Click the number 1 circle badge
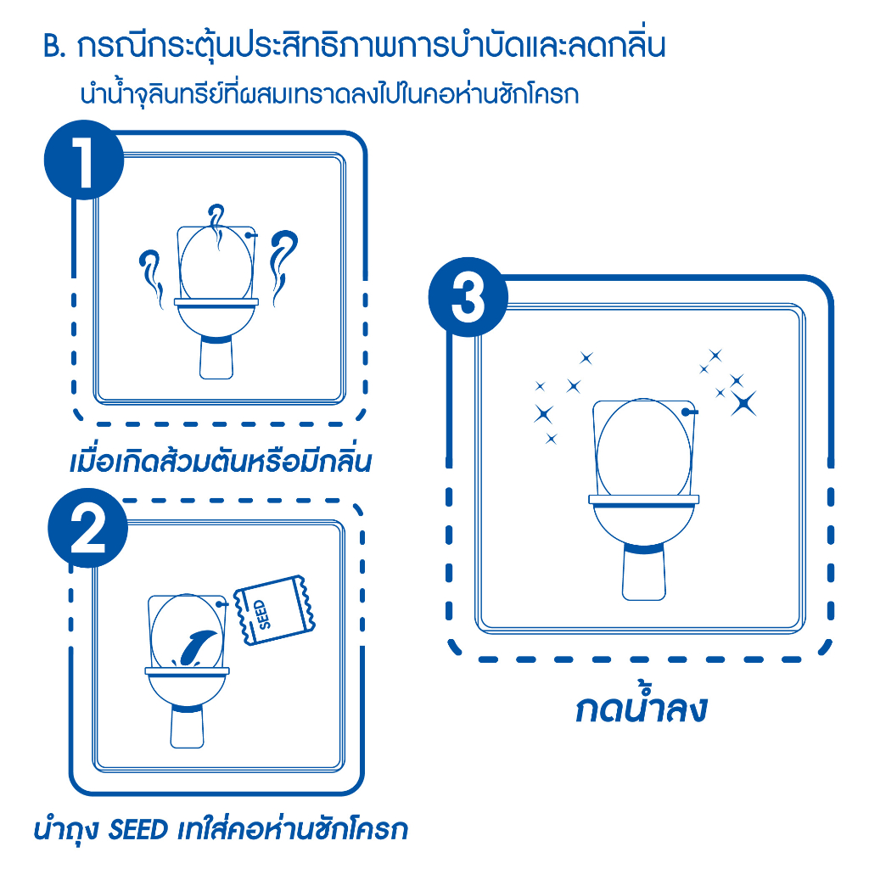pos(84,160)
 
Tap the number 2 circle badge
pos(87,528)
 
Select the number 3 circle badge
pos(468,297)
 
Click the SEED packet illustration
pos(274,610)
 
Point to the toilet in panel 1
pos(216,302)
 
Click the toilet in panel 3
pos(643,499)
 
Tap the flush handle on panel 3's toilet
pos(689,412)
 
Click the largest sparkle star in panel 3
pos(743,403)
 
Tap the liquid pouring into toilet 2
pos(195,648)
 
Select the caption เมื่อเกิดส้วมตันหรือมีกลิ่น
pos(220,461)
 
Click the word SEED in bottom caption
pos(138,830)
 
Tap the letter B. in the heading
pos(54,48)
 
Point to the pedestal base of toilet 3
pos(643,574)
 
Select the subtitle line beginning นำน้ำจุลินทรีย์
pos(330,93)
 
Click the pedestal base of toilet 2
pos(188,727)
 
